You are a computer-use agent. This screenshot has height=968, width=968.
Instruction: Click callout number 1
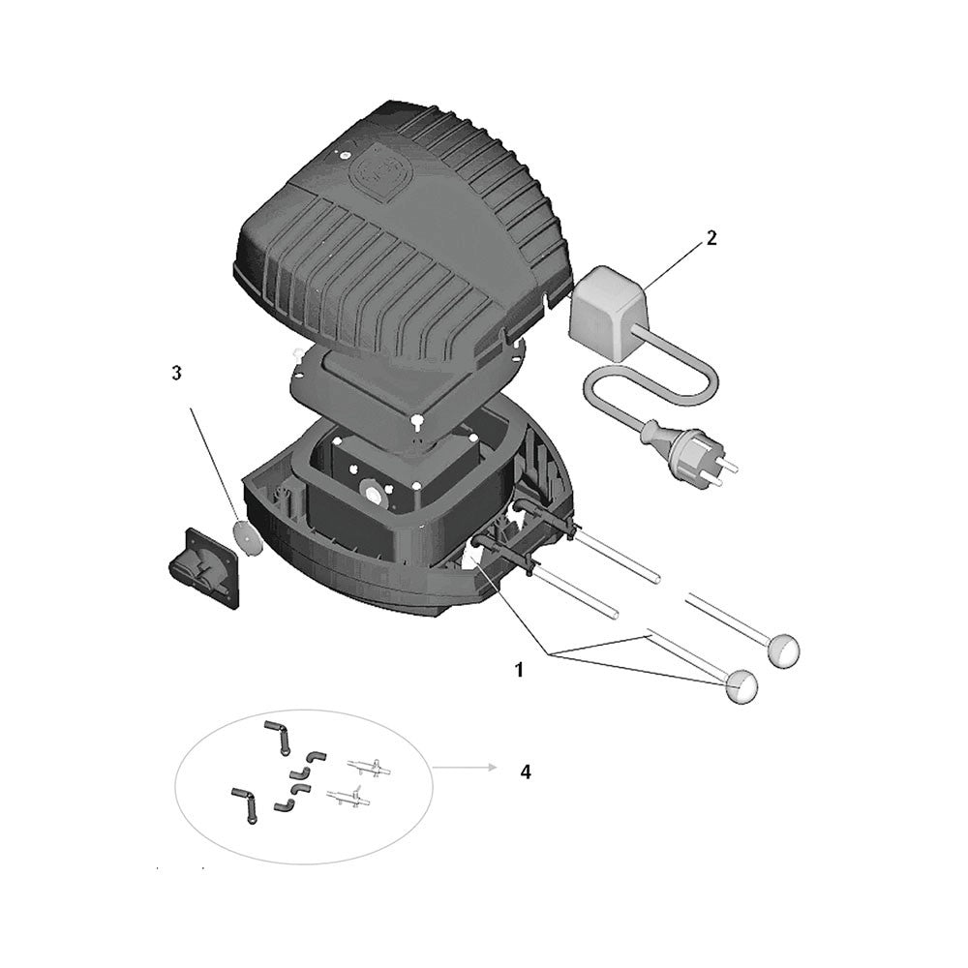(x=519, y=670)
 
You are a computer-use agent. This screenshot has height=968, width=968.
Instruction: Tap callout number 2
(x=711, y=238)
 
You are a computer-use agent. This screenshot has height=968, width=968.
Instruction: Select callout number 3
(x=177, y=373)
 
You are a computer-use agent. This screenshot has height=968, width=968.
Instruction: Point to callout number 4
(x=525, y=771)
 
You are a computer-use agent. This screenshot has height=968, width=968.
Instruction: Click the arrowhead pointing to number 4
(x=493, y=768)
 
